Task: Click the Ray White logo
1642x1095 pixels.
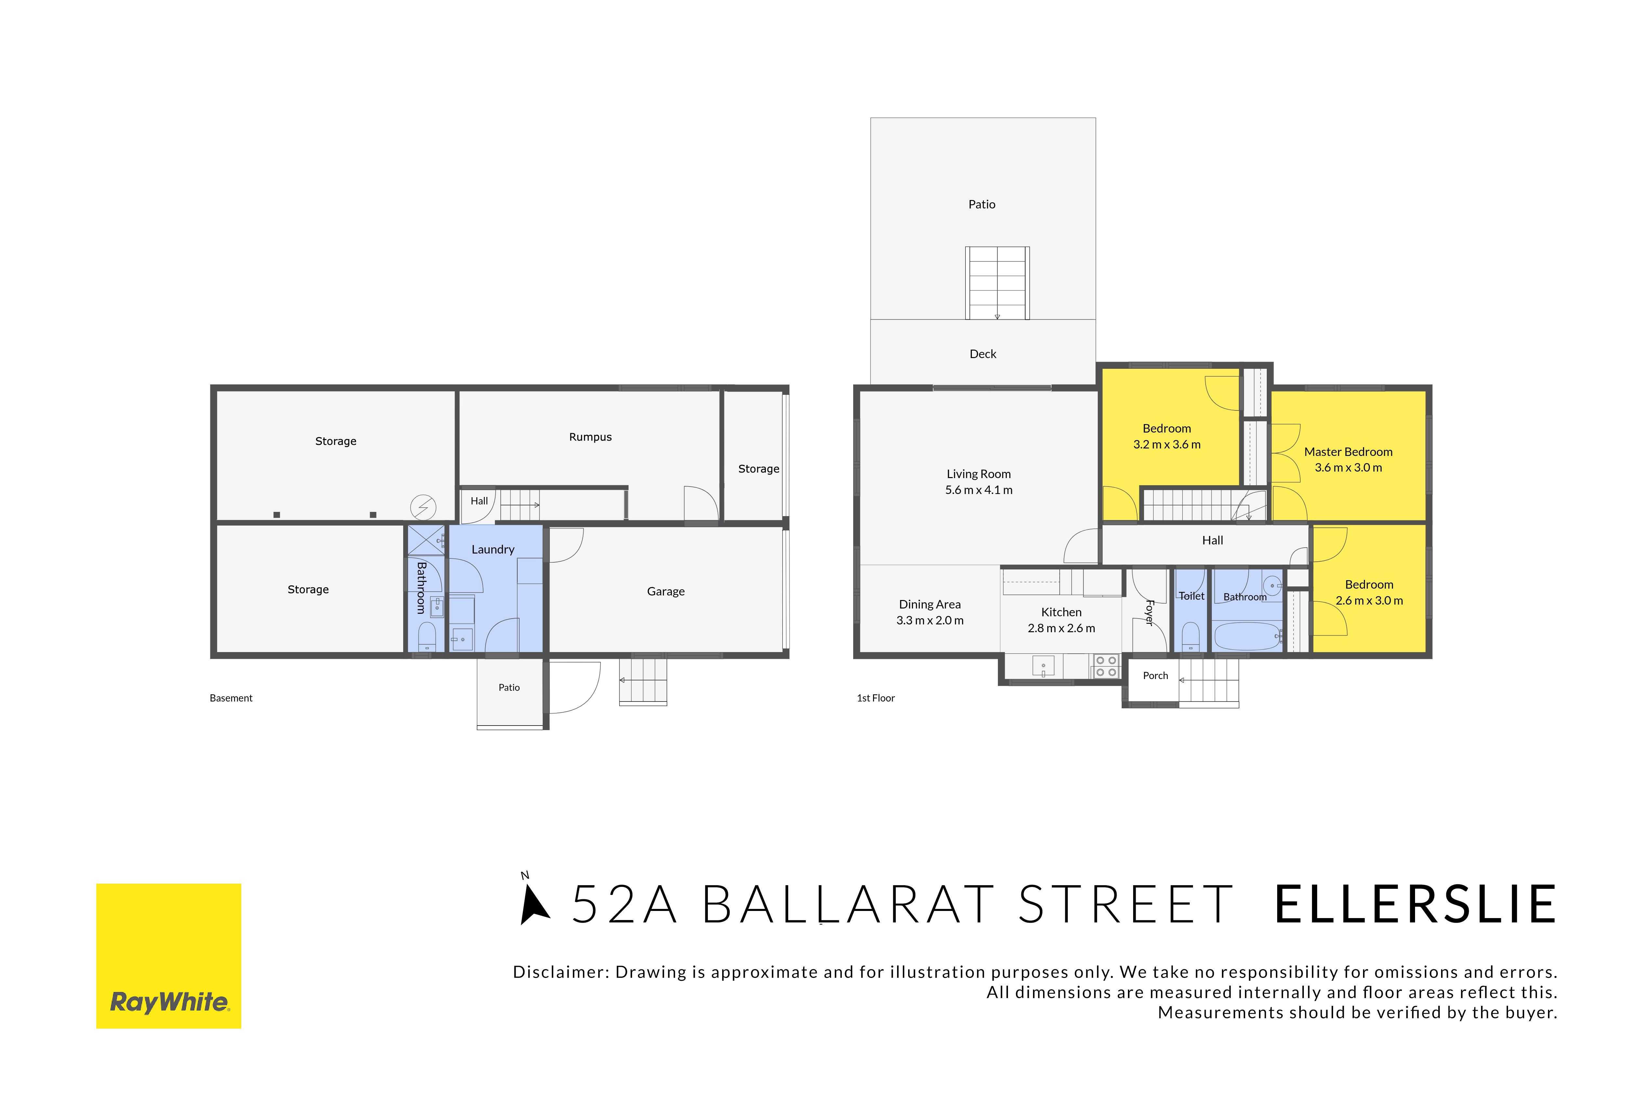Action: [x=168, y=955]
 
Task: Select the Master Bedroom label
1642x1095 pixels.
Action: [x=1348, y=452]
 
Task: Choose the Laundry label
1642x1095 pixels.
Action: [x=493, y=550]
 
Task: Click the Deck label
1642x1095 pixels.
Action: [x=983, y=354]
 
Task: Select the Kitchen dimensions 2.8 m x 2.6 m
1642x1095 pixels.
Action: [x=1061, y=629]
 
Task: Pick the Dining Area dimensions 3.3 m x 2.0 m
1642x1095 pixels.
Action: [x=930, y=621]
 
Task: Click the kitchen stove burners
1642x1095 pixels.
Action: [x=1106, y=666]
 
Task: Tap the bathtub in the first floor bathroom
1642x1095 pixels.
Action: [x=1247, y=636]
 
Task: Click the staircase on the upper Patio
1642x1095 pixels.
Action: [x=997, y=283]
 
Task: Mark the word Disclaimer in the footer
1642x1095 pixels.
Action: [x=561, y=972]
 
